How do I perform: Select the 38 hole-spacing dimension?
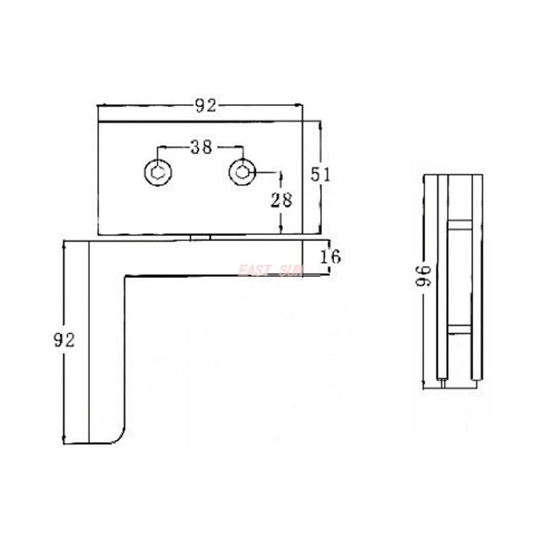(x=200, y=147)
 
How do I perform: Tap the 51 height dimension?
(x=319, y=173)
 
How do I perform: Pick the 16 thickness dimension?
(x=331, y=256)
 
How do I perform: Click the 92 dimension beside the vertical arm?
(x=64, y=340)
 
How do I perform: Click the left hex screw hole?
(x=158, y=172)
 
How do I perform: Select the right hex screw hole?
(x=242, y=172)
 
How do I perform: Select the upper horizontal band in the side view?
(x=459, y=224)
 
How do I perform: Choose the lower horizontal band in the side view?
(x=459, y=329)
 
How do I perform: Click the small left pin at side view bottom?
(x=443, y=382)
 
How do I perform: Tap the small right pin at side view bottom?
(x=476, y=382)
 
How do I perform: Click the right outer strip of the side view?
(x=477, y=277)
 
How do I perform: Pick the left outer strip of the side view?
(x=442, y=277)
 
